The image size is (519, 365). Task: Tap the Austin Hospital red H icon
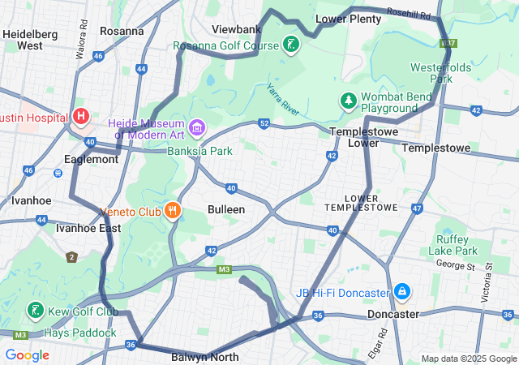click(x=81, y=117)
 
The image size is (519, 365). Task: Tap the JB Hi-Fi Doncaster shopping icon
click(x=402, y=290)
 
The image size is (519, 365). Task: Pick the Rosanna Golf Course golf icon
click(x=291, y=45)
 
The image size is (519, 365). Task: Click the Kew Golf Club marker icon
click(x=35, y=311)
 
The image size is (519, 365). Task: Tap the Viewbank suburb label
click(x=236, y=29)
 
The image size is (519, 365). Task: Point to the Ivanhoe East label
click(x=88, y=228)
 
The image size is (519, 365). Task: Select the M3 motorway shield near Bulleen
click(x=225, y=269)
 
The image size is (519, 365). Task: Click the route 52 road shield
click(x=264, y=123)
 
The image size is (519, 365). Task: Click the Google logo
click(x=27, y=354)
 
